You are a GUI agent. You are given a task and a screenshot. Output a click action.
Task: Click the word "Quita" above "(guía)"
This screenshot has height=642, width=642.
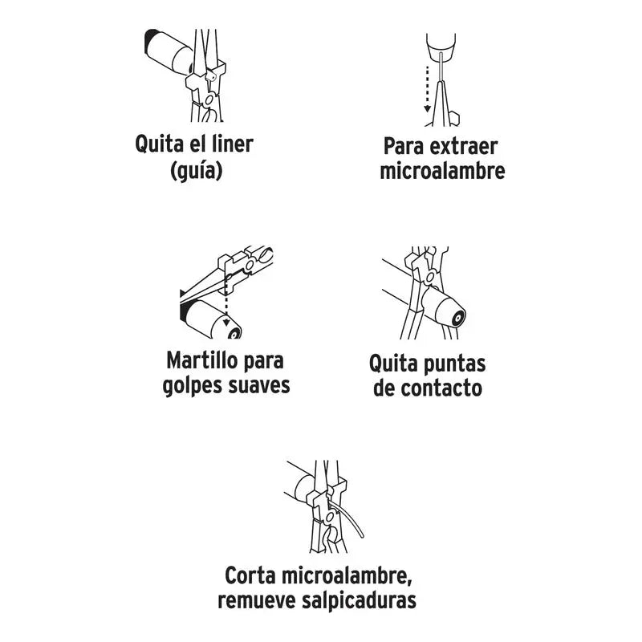click(159, 144)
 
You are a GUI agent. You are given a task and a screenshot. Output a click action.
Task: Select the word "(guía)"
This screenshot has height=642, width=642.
click(197, 171)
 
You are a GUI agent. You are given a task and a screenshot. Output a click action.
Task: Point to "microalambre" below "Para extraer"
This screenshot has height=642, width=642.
click(442, 171)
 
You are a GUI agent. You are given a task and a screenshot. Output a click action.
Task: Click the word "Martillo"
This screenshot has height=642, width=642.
click(202, 360)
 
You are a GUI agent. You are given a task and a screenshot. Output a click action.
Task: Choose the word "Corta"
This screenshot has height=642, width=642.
click(250, 575)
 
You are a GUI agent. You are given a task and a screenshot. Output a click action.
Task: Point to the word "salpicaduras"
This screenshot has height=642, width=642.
click(359, 600)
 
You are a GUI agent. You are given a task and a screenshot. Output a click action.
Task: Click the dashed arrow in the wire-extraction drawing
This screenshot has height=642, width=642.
click(427, 89)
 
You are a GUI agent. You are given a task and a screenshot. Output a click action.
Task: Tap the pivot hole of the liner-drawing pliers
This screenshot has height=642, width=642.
click(209, 100)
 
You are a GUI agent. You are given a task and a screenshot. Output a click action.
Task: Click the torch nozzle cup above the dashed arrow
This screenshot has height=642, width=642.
click(441, 47)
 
